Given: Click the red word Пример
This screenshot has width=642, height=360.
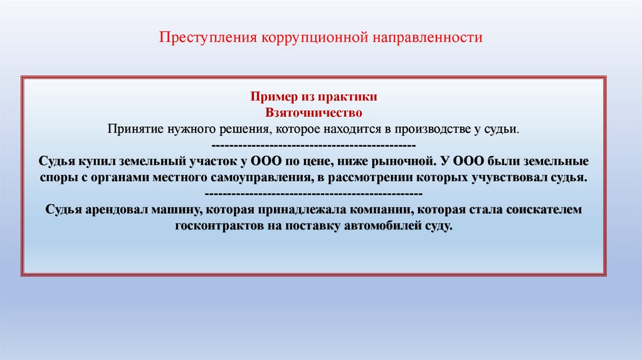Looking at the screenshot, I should pyautogui.click(x=274, y=97).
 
